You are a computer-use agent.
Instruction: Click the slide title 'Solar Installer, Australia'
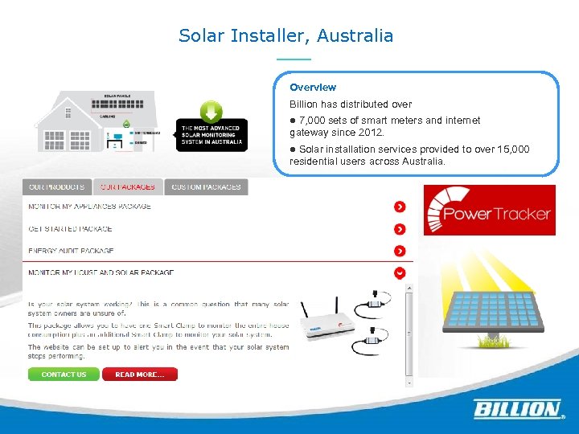(285, 36)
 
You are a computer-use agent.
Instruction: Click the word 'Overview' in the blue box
(313, 87)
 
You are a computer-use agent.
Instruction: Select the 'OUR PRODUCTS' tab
(56, 187)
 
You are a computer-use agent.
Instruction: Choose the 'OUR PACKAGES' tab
(128, 187)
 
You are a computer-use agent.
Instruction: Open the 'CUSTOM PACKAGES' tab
(206, 187)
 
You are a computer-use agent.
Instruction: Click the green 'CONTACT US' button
(64, 375)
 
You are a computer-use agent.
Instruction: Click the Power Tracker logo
(489, 211)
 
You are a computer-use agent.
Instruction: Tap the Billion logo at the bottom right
(516, 409)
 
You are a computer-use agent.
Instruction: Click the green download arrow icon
(211, 112)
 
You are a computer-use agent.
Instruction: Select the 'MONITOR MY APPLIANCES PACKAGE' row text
(89, 207)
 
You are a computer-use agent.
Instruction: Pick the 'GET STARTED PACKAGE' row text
(70, 229)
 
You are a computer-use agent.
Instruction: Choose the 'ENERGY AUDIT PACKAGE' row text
(71, 251)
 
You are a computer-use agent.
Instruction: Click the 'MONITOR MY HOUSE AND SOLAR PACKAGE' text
(101, 272)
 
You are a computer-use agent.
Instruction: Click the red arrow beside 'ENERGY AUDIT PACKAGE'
(400, 251)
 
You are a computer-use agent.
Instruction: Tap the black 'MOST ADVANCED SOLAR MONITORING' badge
(211, 134)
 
